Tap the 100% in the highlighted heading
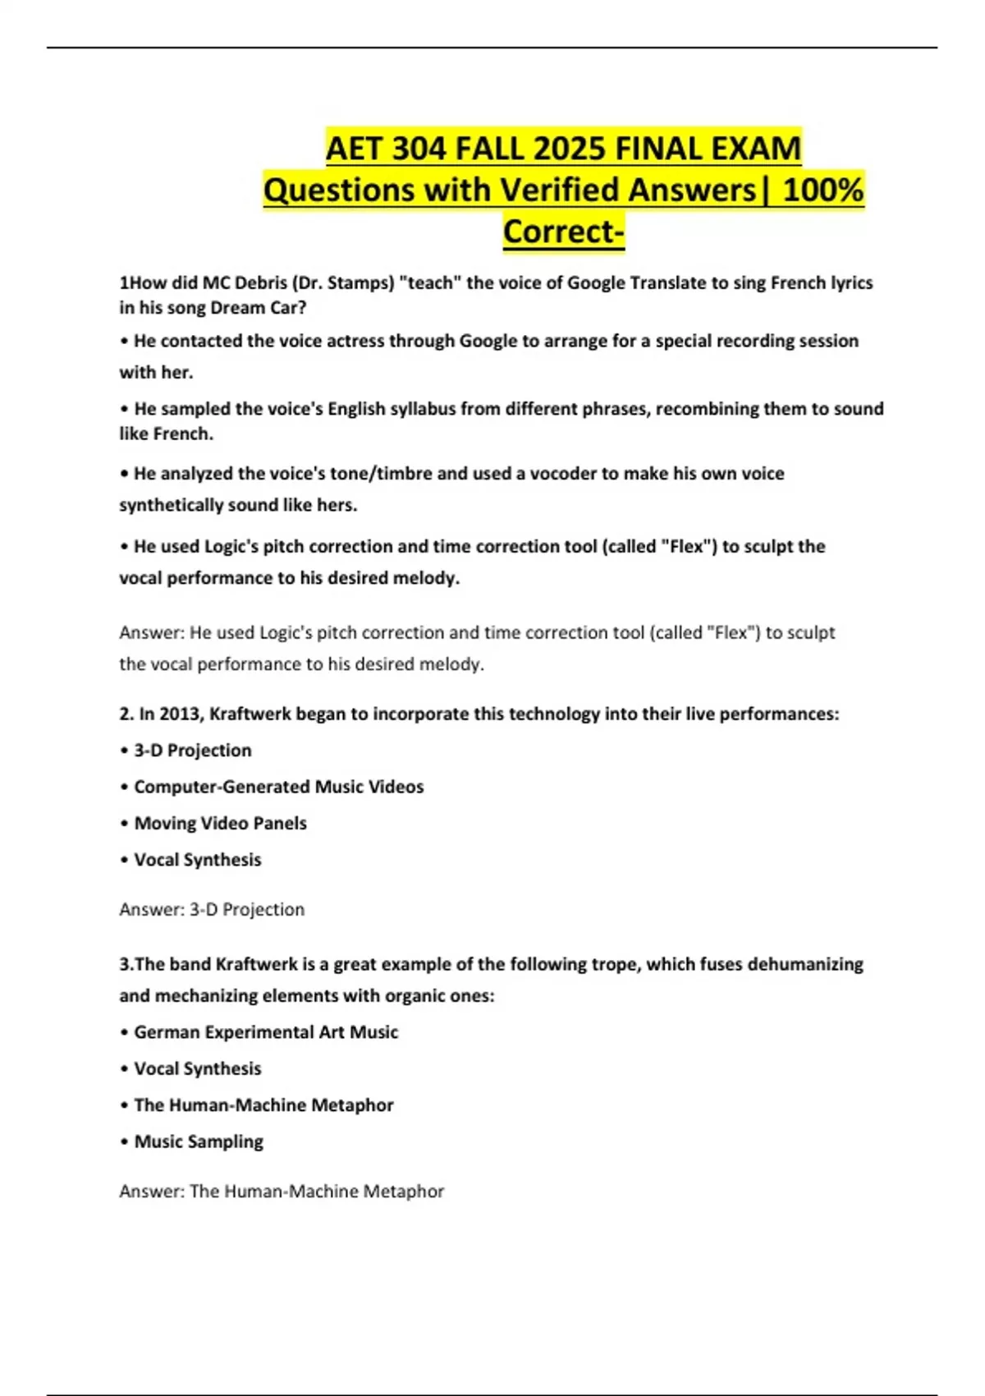[823, 190]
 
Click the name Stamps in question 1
[360, 282]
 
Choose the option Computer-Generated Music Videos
[278, 787]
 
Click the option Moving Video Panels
[220, 823]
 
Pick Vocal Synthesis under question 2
[197, 860]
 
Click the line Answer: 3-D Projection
[212, 909]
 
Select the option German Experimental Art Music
[265, 1032]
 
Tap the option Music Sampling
[198, 1141]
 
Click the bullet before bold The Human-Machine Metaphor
[125, 1105]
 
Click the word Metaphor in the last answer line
[403, 1191]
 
